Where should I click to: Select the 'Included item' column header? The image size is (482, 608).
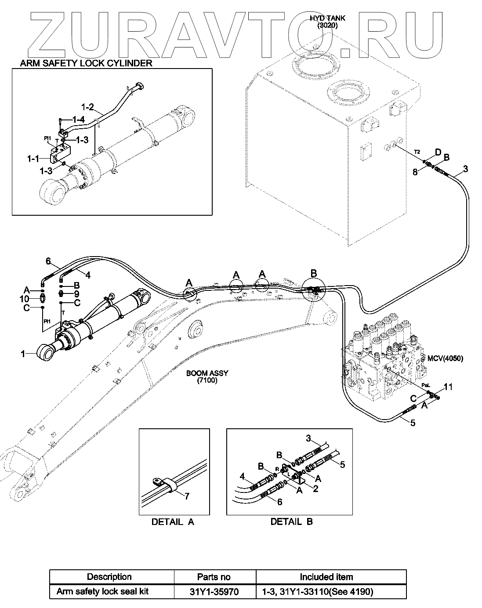tap(326, 577)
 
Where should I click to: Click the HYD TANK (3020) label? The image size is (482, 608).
tap(327, 22)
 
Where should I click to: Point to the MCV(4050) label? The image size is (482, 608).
tap(445, 358)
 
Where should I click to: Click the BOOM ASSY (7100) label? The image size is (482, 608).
tap(207, 376)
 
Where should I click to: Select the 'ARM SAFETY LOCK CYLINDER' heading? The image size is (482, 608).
tap(86, 63)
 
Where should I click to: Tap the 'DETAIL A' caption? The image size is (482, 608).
tap(173, 522)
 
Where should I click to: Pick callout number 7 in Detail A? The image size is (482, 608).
tap(187, 496)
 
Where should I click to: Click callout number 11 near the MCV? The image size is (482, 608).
tap(448, 387)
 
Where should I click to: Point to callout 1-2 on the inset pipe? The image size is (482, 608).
tap(88, 107)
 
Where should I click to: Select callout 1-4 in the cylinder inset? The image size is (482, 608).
tap(78, 119)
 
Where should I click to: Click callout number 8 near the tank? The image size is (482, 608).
tap(414, 172)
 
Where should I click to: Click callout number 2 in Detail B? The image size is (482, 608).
tap(315, 488)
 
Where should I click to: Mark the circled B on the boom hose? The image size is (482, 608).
tap(314, 273)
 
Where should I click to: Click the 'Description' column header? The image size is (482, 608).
tap(109, 577)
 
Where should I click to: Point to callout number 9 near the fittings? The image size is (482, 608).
tap(76, 293)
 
